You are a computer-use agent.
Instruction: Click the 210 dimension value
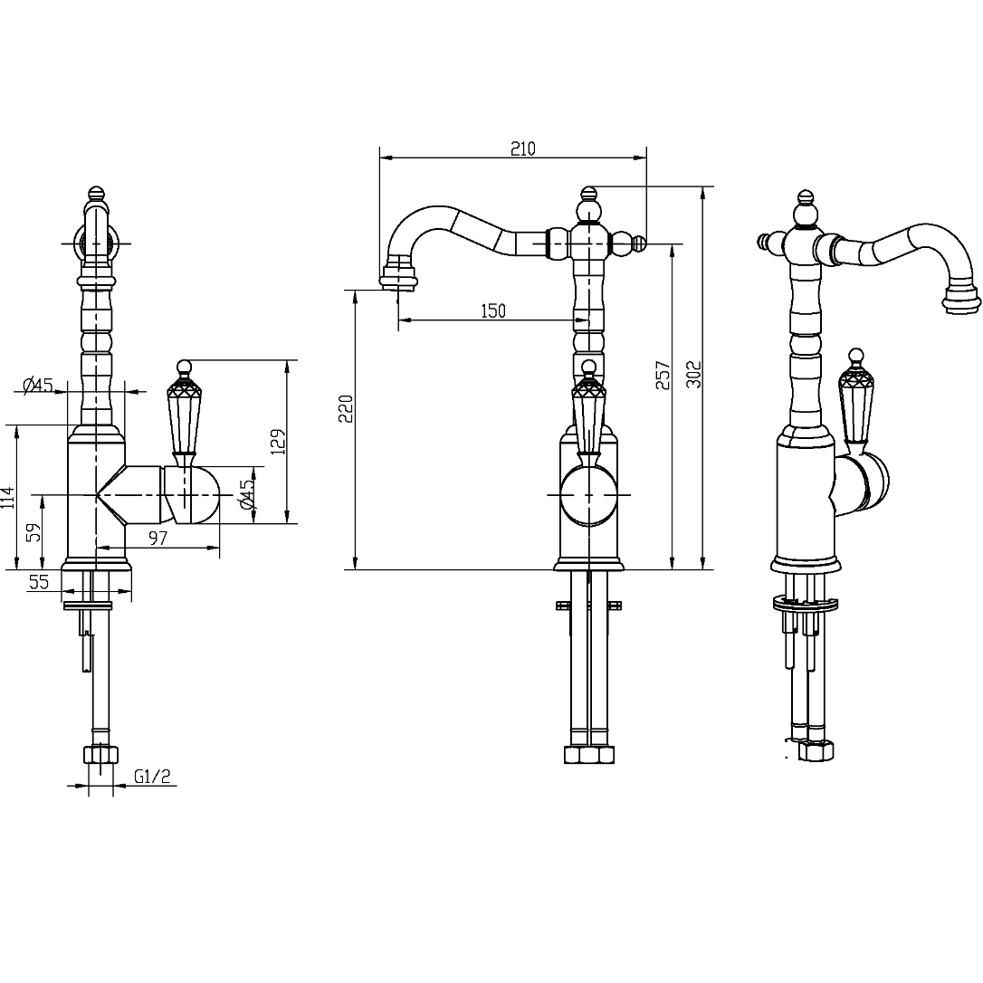523,148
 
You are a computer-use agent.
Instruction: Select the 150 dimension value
492,310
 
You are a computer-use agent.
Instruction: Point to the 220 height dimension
347,408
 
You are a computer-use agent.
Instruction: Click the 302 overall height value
694,374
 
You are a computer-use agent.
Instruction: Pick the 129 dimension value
279,442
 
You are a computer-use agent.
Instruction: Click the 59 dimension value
35,531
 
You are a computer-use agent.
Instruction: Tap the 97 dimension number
158,538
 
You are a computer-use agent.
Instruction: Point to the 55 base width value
38,582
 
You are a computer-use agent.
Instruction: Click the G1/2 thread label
152,777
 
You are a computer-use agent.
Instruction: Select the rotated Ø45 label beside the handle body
248,493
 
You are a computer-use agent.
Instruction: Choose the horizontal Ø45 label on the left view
38,385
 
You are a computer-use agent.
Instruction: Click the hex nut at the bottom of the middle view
588,754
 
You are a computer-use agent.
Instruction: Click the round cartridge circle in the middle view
588,494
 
